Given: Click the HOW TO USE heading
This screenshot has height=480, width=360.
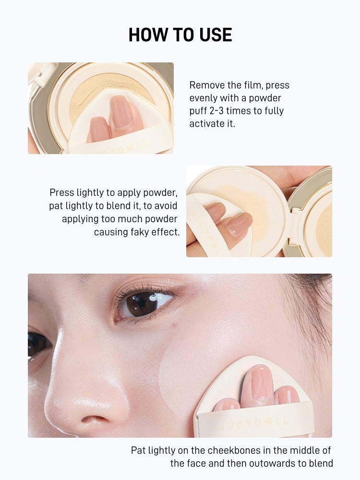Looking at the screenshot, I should point(180,35).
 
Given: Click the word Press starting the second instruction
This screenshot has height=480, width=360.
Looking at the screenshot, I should point(62,193).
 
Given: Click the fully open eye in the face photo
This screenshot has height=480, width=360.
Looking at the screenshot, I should point(144,303).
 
